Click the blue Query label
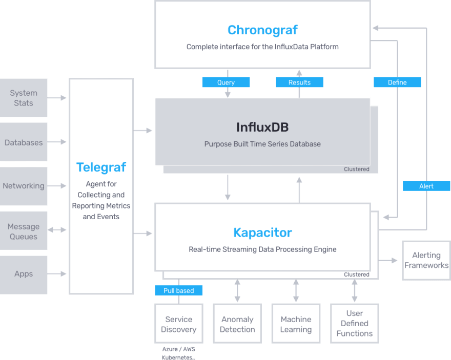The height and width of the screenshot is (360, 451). [226, 82]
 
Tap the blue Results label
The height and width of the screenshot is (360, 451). [299, 82]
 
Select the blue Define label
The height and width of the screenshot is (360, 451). [397, 82]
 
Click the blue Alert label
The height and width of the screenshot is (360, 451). [426, 186]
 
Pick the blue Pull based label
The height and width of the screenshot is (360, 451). [179, 290]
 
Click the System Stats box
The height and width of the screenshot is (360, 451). [24, 98]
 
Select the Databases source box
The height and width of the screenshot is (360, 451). [24, 142]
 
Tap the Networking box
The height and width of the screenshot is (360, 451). [24, 186]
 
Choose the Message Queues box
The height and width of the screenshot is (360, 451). [24, 231]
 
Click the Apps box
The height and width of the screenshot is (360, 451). [24, 275]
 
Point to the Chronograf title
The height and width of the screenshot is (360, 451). [262, 30]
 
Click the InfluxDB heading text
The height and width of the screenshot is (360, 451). [262, 128]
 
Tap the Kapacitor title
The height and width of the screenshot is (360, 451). [262, 232]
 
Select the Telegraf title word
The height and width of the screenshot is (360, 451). [101, 167]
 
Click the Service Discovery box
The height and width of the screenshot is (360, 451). [179, 324]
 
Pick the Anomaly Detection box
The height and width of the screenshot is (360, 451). [237, 324]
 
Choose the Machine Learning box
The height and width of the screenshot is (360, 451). [296, 324]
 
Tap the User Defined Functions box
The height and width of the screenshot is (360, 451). [355, 324]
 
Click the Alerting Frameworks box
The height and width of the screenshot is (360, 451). [426, 260]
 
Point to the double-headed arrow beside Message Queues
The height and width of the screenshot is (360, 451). [57, 230]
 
